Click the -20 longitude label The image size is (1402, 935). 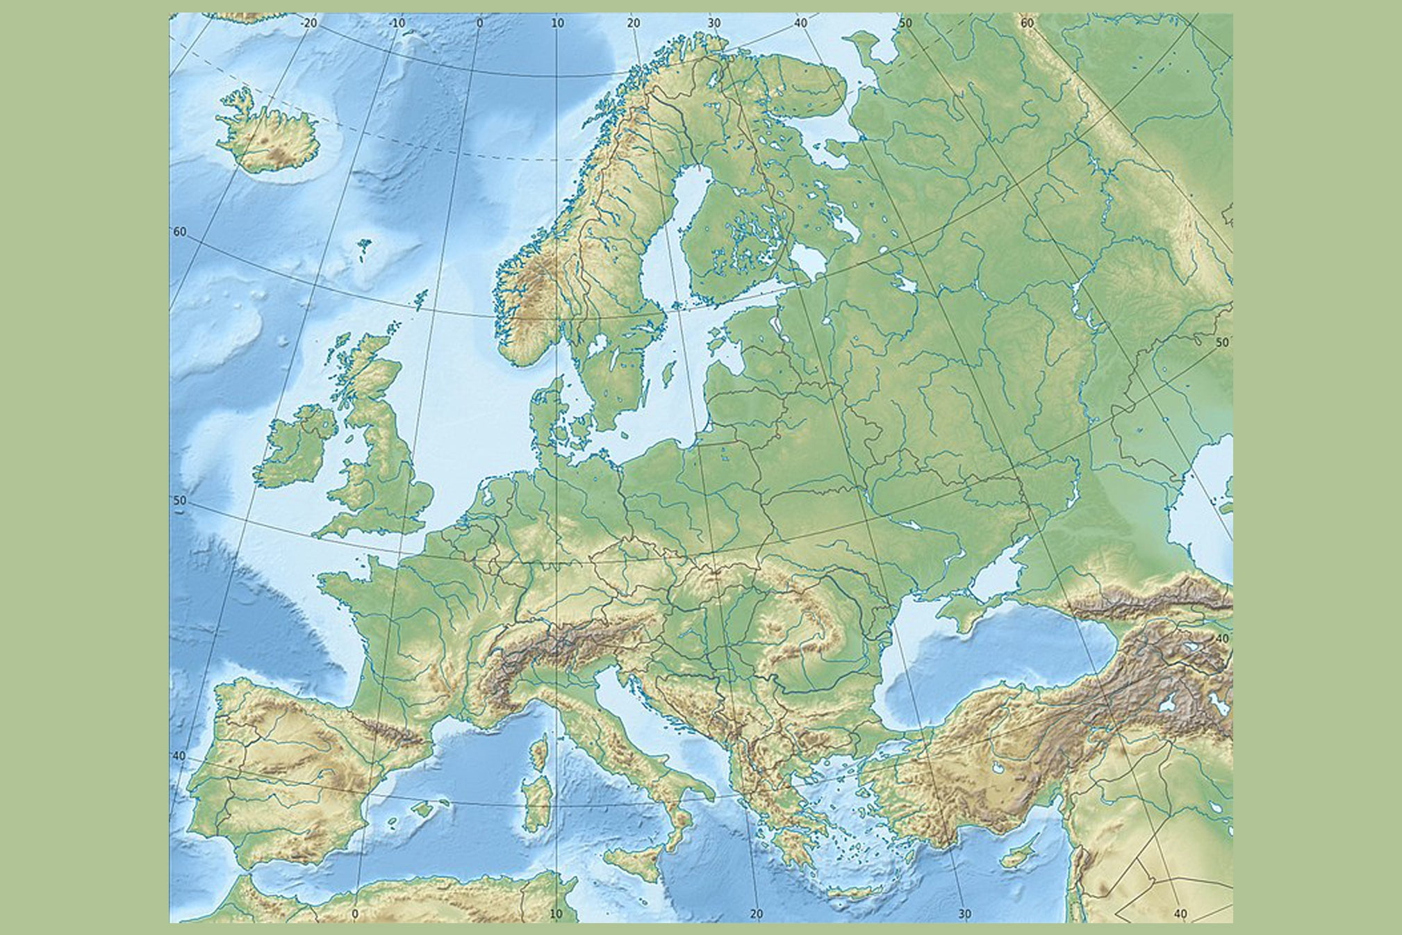[309, 23]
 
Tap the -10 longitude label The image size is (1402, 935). [397, 23]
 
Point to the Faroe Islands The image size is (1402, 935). [364, 248]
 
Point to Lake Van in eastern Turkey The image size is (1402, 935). [1173, 701]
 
